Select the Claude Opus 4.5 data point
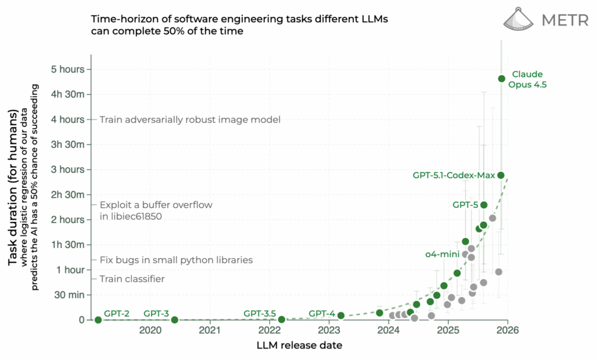coord(501,79)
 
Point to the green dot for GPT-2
coord(98,320)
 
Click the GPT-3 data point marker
coord(174,320)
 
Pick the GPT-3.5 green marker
coord(282,319)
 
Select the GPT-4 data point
coord(341,316)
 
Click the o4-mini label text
coord(442,254)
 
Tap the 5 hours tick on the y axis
coord(69,69)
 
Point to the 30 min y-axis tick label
coord(69,295)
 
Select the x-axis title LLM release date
coord(299,345)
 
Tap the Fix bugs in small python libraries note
coord(176,260)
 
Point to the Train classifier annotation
coord(132,279)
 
